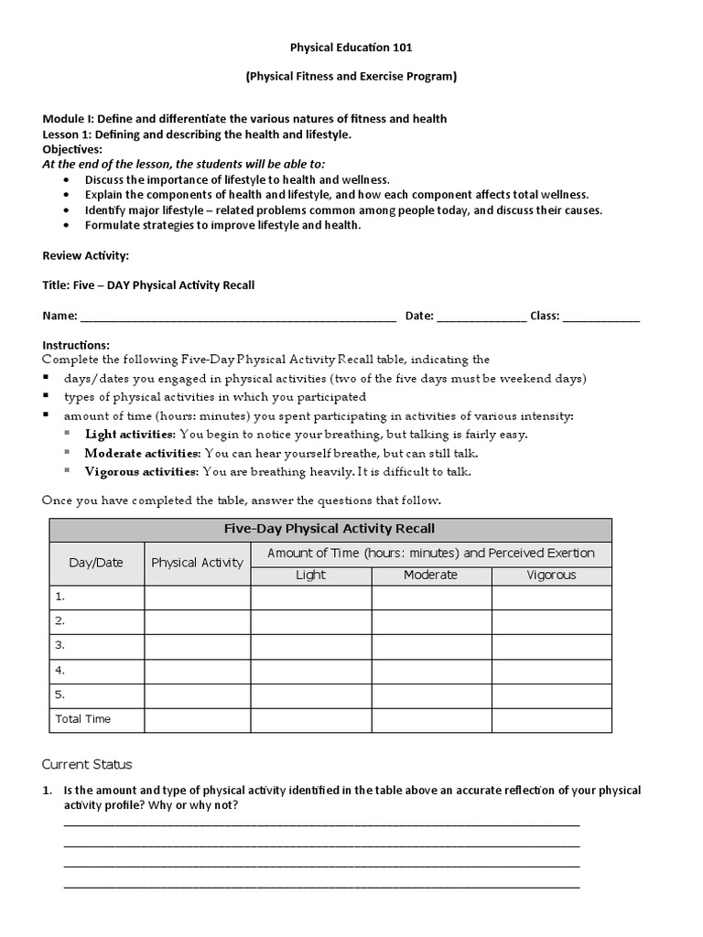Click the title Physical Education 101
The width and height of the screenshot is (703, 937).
[x=351, y=47]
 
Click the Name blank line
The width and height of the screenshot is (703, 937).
[x=238, y=318]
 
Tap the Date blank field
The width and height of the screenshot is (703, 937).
[x=481, y=318]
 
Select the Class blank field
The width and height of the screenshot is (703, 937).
[x=601, y=318]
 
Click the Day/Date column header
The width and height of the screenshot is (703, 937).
[x=96, y=563]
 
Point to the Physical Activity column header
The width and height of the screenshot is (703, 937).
[x=198, y=563]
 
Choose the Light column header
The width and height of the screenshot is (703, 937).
[x=311, y=576]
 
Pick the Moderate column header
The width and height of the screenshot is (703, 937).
[x=431, y=576]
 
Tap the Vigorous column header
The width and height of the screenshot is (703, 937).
[x=551, y=576]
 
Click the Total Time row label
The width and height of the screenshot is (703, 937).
[x=83, y=719]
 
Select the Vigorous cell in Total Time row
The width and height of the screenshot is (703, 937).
[x=551, y=720]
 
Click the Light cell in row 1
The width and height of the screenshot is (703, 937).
[x=311, y=598]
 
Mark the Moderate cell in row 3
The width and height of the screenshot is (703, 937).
[x=431, y=646]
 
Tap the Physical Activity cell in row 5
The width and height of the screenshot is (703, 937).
[x=198, y=695]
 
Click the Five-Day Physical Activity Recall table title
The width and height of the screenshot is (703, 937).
[x=330, y=529]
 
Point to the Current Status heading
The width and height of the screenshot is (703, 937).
[x=87, y=764]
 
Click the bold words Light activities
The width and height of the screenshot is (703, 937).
[x=129, y=434]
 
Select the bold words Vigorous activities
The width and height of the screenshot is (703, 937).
[x=141, y=472]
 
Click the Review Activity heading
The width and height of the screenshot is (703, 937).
[x=86, y=255]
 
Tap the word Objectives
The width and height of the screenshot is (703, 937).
[x=72, y=149]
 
